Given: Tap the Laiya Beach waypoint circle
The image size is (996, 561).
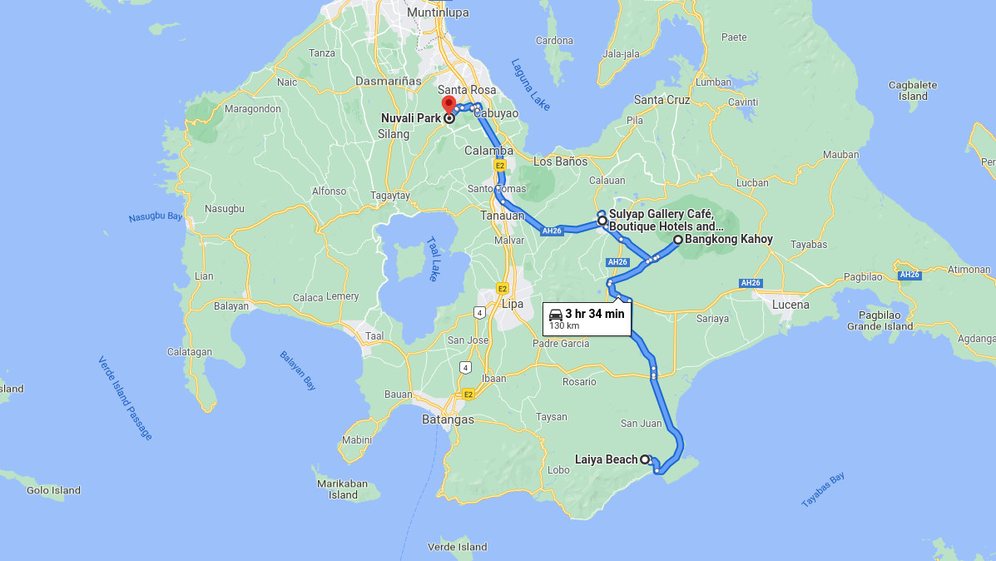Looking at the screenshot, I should pos(645,459).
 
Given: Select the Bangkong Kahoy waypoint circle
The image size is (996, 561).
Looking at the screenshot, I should pos(677,240).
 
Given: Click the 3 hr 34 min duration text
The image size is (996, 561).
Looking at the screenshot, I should pos(594,314).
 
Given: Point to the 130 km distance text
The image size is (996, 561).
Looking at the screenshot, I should pos(564,325).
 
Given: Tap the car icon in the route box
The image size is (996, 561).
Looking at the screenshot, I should pos(556,314).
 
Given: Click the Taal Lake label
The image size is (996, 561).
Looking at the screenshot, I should pos(433,259).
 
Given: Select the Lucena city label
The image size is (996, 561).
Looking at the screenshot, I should pos(790,305).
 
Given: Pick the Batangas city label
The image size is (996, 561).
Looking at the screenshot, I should pos(447,420).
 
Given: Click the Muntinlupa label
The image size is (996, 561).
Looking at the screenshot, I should pos(438,13).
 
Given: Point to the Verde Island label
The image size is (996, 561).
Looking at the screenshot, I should pos(457,547).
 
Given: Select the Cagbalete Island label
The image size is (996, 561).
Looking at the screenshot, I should pos(913,90).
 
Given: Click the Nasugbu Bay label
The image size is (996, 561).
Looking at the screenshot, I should pos(156,217).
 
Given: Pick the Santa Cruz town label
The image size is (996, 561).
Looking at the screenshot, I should pos(662,100).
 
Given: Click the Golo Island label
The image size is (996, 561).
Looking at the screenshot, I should pos(53,490).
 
